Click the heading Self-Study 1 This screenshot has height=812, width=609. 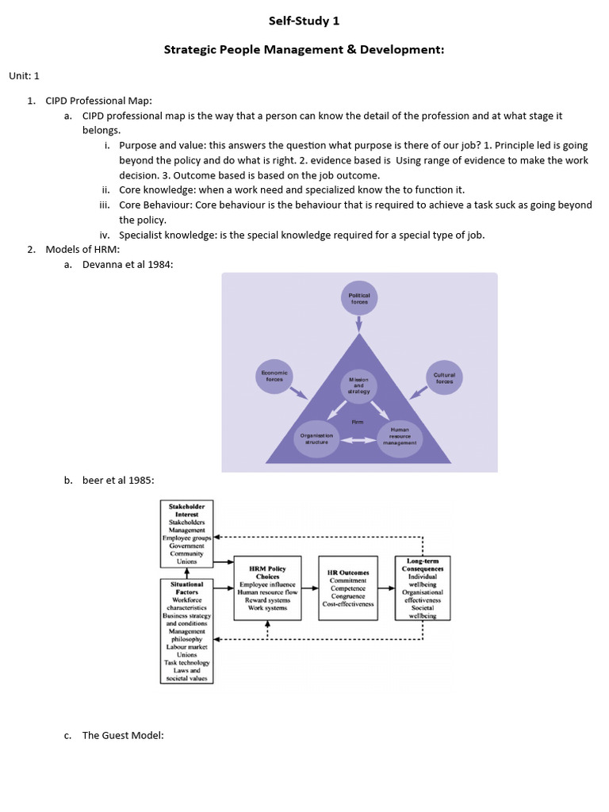304,21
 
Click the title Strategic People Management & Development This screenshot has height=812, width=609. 304,50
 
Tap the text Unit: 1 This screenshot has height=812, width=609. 24,75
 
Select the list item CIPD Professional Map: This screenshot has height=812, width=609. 98,101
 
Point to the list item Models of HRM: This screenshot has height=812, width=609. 82,250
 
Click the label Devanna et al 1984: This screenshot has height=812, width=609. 127,265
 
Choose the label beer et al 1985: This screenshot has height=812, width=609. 118,480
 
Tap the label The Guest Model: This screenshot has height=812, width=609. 123,735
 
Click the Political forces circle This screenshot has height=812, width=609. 359,297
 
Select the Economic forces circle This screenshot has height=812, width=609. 274,375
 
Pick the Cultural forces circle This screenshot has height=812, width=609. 444,377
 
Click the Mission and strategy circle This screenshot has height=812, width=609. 358,385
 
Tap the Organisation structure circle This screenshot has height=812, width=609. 316,438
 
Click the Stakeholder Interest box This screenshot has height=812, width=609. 187,534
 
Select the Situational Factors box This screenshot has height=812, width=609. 187,630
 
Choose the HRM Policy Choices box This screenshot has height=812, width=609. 267,588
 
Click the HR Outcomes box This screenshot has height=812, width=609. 347,588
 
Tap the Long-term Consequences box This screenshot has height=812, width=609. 423,588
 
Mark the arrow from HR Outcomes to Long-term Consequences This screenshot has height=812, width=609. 386,589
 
